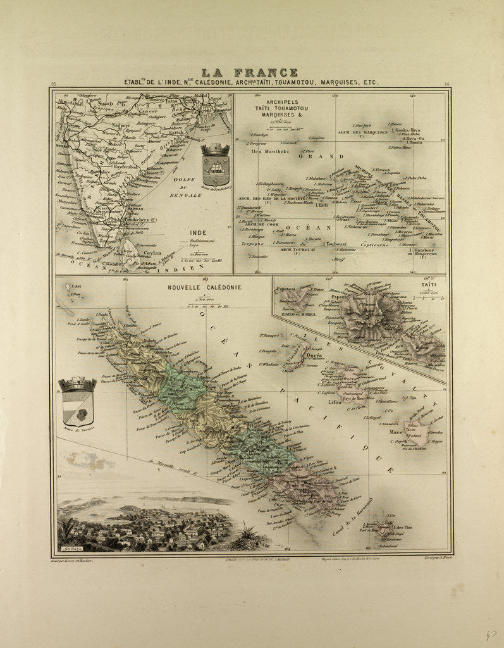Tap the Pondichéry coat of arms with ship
point(214,165)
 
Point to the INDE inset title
point(199,233)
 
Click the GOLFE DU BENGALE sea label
point(184,187)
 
